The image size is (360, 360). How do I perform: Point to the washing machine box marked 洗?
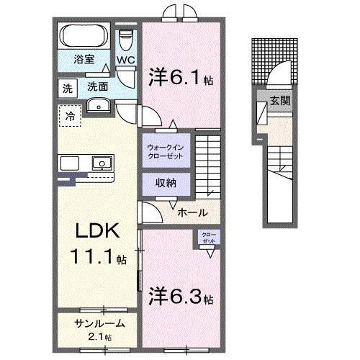pyautogui.click(x=67, y=89)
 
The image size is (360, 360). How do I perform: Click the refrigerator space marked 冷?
pyautogui.click(x=70, y=114)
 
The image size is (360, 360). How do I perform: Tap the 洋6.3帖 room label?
pyautogui.click(x=180, y=294)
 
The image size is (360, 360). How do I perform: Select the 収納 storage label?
pyautogui.click(x=166, y=183)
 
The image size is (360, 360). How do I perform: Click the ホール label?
pyautogui.click(x=194, y=212)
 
